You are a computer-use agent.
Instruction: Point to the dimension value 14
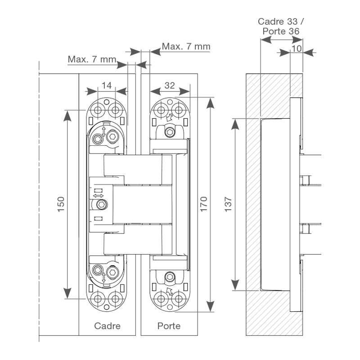(x=106, y=85)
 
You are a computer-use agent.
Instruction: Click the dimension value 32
(x=170, y=85)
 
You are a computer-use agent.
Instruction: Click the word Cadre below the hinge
(x=107, y=326)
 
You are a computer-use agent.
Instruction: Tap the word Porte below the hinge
(x=169, y=326)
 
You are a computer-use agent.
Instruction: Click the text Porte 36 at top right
(x=281, y=31)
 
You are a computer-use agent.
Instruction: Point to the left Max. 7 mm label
(x=92, y=59)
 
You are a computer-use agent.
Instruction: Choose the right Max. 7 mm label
(x=186, y=46)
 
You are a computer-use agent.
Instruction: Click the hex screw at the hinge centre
(x=102, y=205)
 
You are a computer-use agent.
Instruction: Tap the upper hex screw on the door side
(x=169, y=132)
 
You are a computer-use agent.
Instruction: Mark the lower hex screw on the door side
(x=169, y=277)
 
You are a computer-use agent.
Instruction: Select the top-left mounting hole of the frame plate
(x=97, y=109)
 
